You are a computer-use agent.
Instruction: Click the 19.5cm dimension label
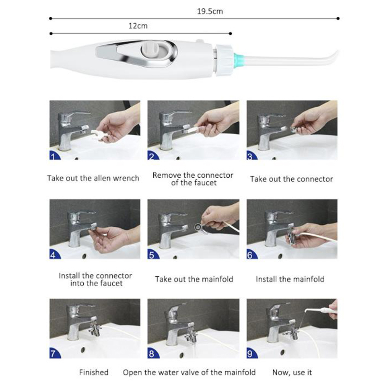(x=210, y=11)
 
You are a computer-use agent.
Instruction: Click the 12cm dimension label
(x=138, y=26)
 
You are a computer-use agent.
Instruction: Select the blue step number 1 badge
(x=54, y=155)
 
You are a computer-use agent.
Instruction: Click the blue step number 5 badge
(x=153, y=255)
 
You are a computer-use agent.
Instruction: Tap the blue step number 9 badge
(x=252, y=354)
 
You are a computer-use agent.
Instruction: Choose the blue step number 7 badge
(x=55, y=354)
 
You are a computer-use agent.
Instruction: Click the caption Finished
(x=94, y=372)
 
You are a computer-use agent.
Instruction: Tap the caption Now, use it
(x=292, y=373)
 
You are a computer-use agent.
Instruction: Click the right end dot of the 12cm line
(x=230, y=34)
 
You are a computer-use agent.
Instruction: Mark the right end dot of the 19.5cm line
(x=338, y=18)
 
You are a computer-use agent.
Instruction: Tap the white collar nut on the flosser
(x=224, y=60)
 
